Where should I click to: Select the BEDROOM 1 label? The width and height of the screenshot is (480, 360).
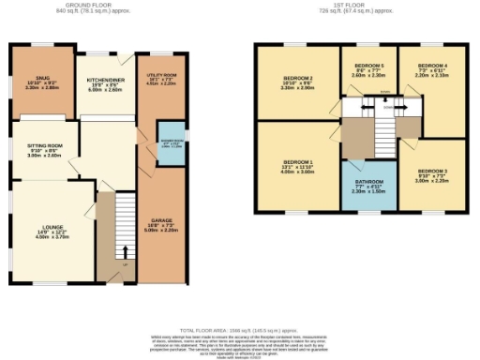coord(298,168)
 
